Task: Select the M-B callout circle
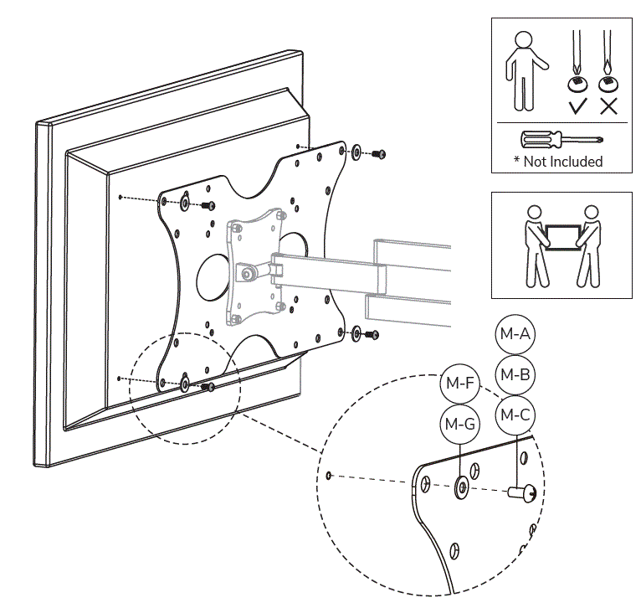514,374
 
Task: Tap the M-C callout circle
514,413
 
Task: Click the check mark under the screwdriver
576,106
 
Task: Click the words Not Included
563,161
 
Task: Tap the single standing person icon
523,70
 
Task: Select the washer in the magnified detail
461,488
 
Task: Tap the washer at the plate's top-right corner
356,152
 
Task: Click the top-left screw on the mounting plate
206,205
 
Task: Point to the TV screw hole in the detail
330,476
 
